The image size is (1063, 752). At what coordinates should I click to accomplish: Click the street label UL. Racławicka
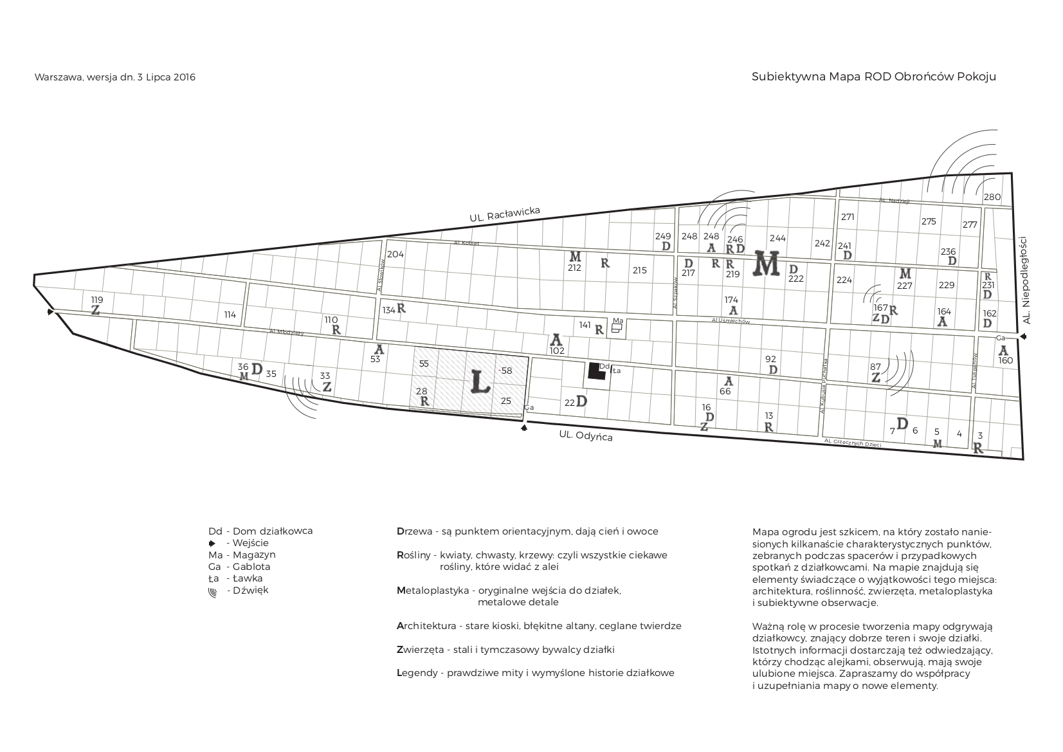coord(504,215)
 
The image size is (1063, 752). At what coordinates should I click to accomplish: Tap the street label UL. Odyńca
coord(585,436)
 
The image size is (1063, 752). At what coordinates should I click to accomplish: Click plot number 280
coord(992,197)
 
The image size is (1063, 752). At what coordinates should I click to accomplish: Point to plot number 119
coord(96,300)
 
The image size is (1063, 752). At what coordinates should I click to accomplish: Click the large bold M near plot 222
coord(767,263)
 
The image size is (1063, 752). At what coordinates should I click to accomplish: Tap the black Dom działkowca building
coord(596,372)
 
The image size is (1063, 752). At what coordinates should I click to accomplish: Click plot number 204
coord(395,254)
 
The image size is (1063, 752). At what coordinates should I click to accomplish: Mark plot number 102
coord(557,351)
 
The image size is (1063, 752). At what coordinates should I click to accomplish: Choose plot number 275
coord(928,221)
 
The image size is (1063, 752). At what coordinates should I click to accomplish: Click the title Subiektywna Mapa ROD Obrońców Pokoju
coord(873,77)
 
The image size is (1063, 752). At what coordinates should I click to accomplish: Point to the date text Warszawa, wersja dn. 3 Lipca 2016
coord(115,77)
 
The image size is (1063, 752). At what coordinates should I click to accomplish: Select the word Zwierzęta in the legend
coord(421,650)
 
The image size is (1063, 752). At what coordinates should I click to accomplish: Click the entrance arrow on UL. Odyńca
coord(524,428)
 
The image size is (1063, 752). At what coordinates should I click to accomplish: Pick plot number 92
coord(770,359)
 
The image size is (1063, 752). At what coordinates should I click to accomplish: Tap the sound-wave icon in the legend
coord(212,591)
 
